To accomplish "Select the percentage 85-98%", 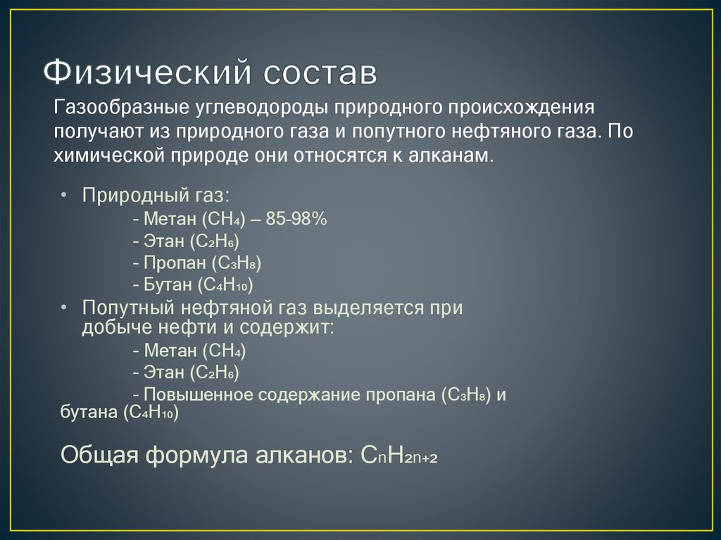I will point(296,219).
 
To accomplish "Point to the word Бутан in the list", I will point(168,284).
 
